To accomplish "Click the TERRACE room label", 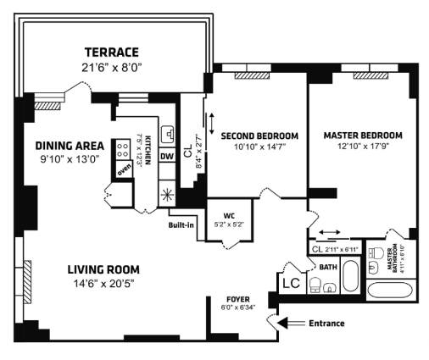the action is (x=112, y=53).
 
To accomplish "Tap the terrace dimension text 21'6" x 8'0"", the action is (x=112, y=68).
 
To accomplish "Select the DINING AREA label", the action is (x=70, y=146).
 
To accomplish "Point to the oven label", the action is (x=125, y=169).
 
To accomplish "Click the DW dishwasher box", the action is (x=167, y=157).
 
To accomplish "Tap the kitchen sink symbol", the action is (x=168, y=135).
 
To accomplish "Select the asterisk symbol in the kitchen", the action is (x=167, y=196).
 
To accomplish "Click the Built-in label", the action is (x=181, y=225).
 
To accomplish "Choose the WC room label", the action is (x=229, y=216).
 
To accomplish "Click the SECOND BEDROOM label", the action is (x=259, y=136).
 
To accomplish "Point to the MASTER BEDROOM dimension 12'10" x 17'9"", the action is (x=363, y=147).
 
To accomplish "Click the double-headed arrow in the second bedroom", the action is (x=212, y=124).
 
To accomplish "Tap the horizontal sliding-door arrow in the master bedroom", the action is (x=330, y=232).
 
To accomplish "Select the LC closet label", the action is (x=292, y=283).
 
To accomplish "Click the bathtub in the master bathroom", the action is (x=391, y=290).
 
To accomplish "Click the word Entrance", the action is (x=326, y=324).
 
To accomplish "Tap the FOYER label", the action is (x=238, y=299).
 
